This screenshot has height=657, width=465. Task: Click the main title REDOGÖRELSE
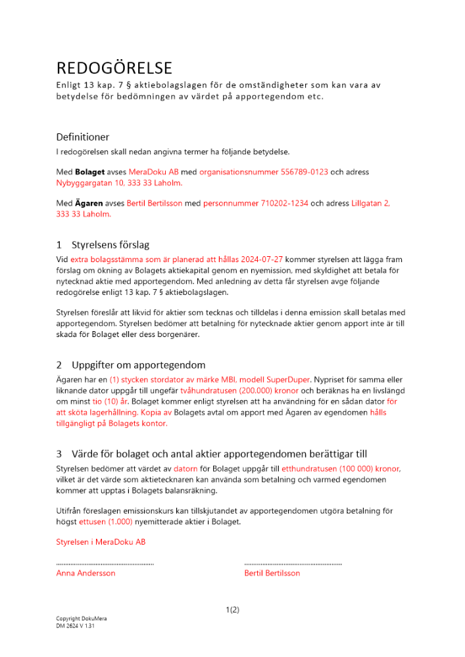tap(114, 68)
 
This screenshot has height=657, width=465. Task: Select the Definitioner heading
tap(83, 137)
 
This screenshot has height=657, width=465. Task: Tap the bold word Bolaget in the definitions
tap(87, 172)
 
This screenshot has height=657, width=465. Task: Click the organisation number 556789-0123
tap(263, 172)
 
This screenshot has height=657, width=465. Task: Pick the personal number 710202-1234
tap(255, 204)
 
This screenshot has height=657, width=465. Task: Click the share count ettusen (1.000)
tap(105, 522)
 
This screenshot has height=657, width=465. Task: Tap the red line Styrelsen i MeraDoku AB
tap(101, 542)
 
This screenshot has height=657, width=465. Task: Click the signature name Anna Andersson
tap(86, 573)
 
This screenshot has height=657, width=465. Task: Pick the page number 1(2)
tap(232, 610)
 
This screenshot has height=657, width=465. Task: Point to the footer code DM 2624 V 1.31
tap(75, 625)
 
